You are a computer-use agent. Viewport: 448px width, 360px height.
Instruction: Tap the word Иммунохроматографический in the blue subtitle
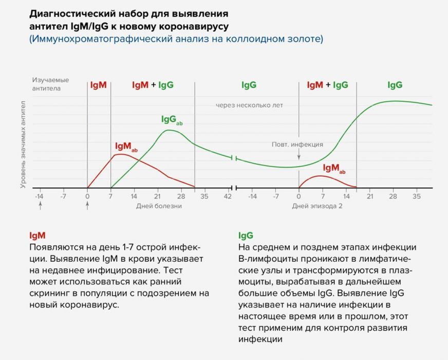coord(95,39)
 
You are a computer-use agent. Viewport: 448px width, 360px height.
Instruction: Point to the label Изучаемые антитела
coord(50,84)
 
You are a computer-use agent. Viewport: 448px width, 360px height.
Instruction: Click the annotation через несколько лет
coord(249,105)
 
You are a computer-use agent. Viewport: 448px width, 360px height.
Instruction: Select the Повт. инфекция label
coord(297,145)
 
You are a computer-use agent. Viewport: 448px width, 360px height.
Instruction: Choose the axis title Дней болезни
coord(159,206)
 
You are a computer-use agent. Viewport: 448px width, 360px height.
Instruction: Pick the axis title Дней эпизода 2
coord(317,206)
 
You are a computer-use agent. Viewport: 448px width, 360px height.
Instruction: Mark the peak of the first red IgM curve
coord(120,154)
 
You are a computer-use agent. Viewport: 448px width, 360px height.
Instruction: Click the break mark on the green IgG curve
coord(234,158)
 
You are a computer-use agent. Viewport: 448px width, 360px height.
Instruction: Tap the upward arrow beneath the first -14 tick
coord(40,206)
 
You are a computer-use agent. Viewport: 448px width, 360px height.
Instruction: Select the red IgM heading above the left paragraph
coord(38,236)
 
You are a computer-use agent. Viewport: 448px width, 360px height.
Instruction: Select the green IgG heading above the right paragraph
coord(246,236)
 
